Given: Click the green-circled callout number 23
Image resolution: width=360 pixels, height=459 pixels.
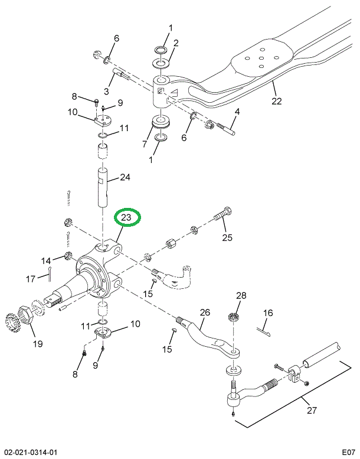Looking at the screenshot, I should pos(127,218).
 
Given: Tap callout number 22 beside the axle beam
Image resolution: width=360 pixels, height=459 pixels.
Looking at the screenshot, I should pos(277,100).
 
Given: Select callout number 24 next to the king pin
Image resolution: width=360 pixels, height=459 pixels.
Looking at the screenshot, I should pos(125,177).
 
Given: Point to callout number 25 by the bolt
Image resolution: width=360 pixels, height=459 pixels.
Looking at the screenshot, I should pos(227,238).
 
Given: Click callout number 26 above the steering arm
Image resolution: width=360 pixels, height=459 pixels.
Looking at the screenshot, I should pos(204,312).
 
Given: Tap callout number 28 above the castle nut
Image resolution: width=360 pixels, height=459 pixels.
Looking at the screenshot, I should pos(241,295).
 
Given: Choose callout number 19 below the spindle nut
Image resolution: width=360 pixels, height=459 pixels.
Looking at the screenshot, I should pos(37,344).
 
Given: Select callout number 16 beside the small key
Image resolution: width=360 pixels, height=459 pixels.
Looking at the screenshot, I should pos(268,313).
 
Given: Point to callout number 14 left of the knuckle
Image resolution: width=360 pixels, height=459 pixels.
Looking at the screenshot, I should pos(46,261).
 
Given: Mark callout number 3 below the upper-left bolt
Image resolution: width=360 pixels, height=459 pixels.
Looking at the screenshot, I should pos(107,92).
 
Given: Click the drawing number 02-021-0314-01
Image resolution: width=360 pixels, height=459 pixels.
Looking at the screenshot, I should pos(29,452).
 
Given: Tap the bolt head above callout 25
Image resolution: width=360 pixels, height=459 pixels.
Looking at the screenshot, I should pos(228,211).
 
